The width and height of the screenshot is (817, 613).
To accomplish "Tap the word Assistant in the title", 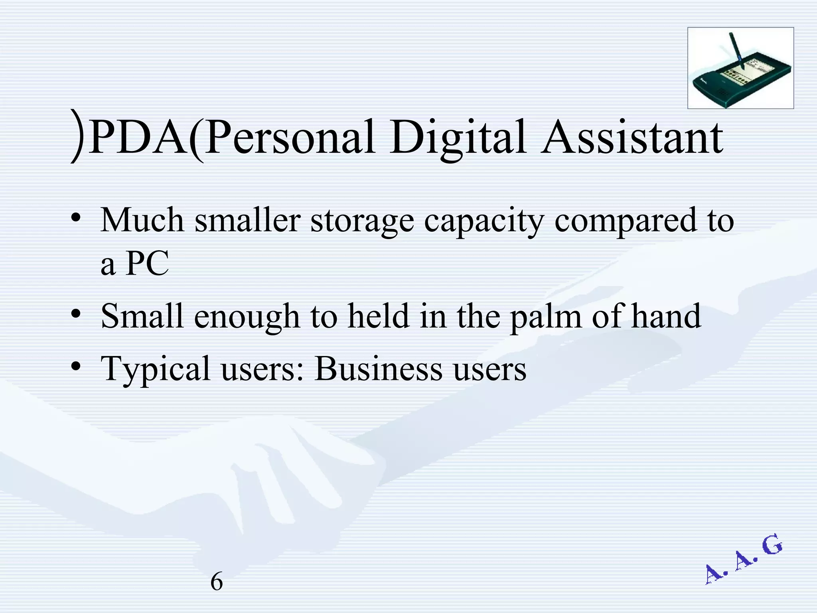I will click(632, 138).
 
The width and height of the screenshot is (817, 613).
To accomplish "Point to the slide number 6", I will click(216, 581).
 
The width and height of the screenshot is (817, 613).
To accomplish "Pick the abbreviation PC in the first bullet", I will click(147, 263).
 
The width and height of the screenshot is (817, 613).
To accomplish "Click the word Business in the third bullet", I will click(378, 369).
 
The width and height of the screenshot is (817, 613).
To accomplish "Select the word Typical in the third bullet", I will click(155, 370).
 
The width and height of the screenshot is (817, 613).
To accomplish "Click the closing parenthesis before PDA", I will click(77, 136).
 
